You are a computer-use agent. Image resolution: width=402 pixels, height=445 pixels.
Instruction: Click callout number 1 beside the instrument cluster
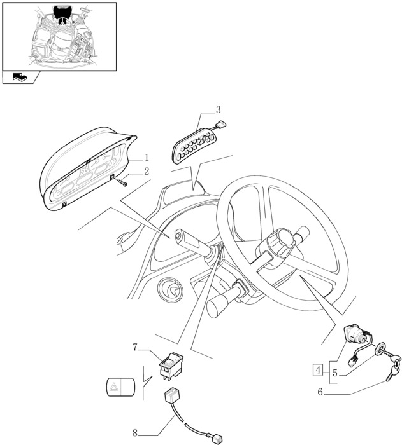pos(147,157)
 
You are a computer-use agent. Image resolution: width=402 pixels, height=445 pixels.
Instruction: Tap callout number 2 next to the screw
pos(147,171)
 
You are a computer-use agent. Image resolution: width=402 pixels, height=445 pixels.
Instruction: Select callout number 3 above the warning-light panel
pos(219,109)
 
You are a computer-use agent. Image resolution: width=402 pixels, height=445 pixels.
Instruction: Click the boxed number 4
pos(318,370)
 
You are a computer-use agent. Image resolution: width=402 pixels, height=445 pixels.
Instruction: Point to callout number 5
pos(335,373)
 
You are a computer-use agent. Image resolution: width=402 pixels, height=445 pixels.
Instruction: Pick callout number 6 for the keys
pos(320,392)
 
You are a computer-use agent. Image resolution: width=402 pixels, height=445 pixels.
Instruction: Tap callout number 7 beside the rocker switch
pos(135,347)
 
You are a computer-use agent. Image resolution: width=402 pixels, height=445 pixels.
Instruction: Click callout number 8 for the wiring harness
pos(135,433)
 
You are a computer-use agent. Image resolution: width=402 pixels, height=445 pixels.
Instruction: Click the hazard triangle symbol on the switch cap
pos(114,387)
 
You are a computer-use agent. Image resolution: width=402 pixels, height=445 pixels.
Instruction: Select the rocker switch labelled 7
pos(171,366)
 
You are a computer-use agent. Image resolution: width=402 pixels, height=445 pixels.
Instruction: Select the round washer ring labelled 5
pos(380,349)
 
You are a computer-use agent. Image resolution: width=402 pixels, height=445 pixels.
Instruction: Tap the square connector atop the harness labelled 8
pos(171,396)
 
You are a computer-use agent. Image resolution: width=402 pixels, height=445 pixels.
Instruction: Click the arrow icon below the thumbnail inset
pos(20,77)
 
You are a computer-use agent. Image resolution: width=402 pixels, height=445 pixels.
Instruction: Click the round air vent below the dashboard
pos(170,291)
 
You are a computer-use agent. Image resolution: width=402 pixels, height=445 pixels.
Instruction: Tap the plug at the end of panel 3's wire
pos(221,123)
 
